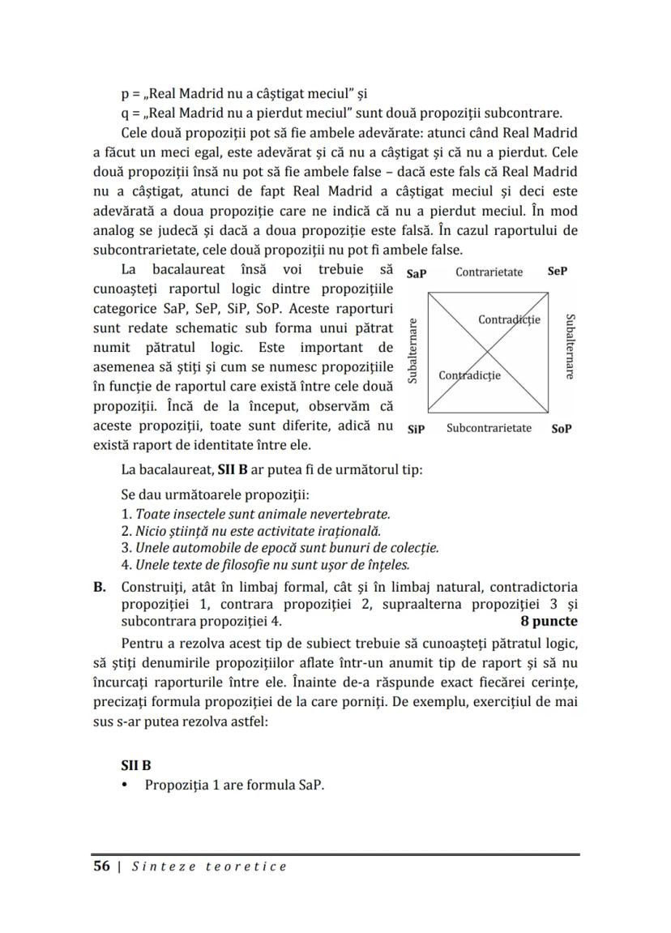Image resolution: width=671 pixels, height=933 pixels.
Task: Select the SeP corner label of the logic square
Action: [558, 272]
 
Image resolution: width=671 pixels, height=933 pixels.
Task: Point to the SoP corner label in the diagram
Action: [562, 429]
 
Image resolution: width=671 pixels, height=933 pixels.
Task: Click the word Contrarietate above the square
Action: [489, 272]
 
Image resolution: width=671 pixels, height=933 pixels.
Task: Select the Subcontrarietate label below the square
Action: [489, 428]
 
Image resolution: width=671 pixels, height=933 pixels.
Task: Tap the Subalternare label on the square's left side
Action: [412, 351]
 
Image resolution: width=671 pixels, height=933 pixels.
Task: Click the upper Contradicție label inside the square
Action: [509, 319]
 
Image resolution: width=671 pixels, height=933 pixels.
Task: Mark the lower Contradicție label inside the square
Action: [469, 375]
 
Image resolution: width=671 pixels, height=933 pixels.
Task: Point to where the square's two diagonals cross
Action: [489, 350]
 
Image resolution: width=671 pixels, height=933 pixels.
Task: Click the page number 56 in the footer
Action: [101, 867]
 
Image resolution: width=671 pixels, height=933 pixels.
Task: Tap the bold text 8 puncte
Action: [549, 621]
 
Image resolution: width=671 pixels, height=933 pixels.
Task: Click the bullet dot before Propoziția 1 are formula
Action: [124, 785]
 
